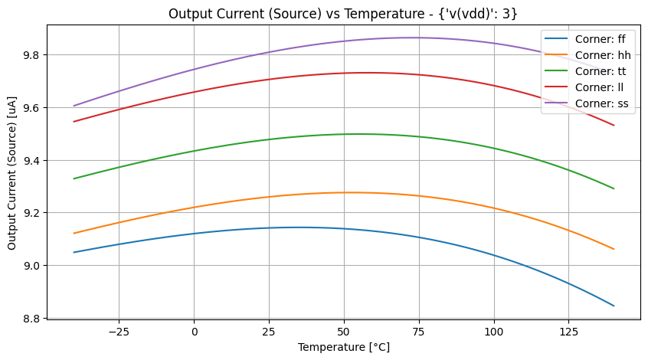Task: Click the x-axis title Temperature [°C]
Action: tap(343, 347)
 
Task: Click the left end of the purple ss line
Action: tap(74, 106)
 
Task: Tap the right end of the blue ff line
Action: tap(614, 306)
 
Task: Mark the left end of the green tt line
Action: tap(74, 178)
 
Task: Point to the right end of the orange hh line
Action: tap(614, 249)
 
